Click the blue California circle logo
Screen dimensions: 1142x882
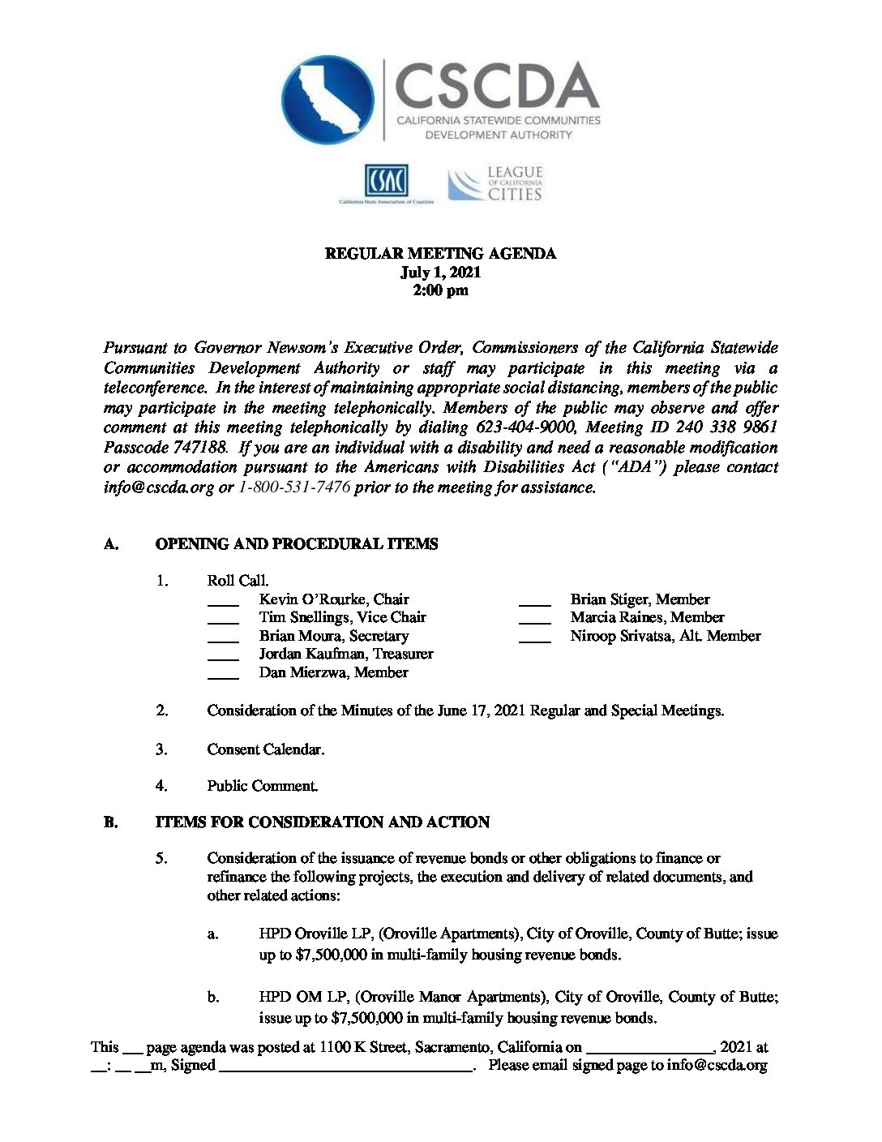pyautogui.click(x=328, y=100)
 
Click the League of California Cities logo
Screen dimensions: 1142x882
pyautogui.click(x=495, y=184)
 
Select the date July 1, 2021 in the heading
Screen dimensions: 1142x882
pyautogui.click(x=440, y=273)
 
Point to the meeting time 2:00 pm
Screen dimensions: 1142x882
pyautogui.click(x=440, y=290)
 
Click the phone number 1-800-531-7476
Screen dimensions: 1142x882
pyautogui.click(x=294, y=487)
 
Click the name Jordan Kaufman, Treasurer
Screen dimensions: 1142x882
pyautogui.click(x=346, y=654)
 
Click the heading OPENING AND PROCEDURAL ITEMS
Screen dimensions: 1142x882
pyautogui.click(x=296, y=544)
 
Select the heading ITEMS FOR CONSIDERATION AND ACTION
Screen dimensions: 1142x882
pyautogui.click(x=322, y=822)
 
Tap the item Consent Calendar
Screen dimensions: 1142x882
pyautogui.click(x=265, y=749)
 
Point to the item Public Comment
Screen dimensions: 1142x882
pyautogui.click(x=262, y=786)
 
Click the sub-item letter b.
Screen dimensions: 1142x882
pyautogui.click(x=212, y=997)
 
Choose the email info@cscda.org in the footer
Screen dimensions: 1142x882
pyautogui.click(x=717, y=1066)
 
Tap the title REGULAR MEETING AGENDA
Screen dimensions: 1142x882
pyautogui.click(x=440, y=254)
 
